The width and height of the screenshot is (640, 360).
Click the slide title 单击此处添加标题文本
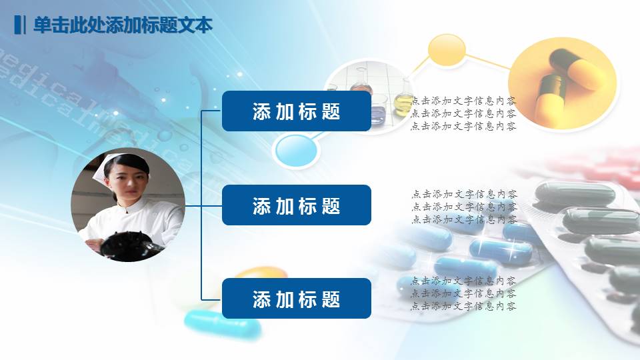[x=123, y=25]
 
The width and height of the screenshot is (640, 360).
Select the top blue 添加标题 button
[x=296, y=111]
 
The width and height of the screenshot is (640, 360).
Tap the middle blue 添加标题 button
[x=296, y=205]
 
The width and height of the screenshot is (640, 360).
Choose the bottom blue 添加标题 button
[x=296, y=299]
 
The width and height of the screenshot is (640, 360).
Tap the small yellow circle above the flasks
[x=446, y=50]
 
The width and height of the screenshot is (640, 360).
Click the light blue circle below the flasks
[x=296, y=149]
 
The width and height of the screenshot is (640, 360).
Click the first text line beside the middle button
[x=463, y=195]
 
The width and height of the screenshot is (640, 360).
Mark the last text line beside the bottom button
[x=463, y=307]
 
